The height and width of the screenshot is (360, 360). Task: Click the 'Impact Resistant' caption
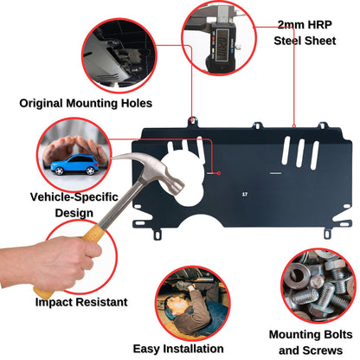(80, 303)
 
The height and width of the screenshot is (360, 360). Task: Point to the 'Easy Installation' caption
(180, 349)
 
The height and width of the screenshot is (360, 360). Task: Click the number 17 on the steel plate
(245, 195)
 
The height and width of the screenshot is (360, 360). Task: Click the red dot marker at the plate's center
(220, 173)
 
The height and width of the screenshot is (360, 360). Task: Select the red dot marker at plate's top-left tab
(191, 118)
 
